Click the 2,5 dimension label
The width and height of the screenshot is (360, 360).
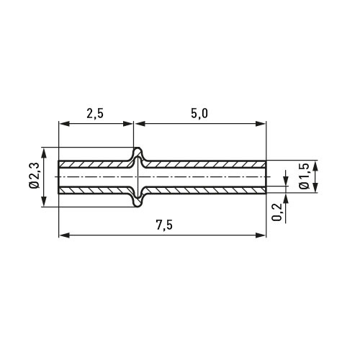point(95,114)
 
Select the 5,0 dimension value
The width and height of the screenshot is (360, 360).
point(199,114)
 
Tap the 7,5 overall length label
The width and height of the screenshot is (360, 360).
point(164,225)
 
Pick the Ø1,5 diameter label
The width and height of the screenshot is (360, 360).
point(304,177)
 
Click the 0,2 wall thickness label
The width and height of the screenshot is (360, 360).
point(276,212)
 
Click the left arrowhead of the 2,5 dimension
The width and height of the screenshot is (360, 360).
point(64,124)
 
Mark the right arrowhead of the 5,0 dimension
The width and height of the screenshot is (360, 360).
point(261,124)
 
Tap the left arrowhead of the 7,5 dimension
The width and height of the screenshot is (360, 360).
point(64,235)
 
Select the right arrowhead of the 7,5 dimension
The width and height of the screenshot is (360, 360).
point(261,235)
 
